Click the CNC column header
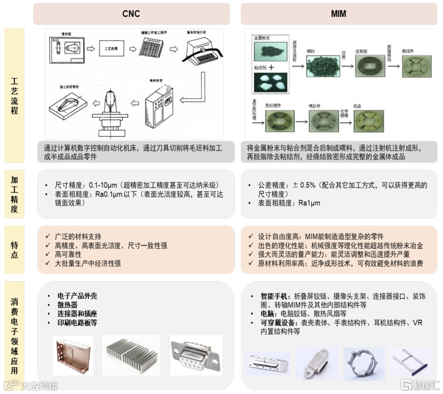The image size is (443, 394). pos(131,14)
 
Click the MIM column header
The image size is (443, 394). pos(338,14)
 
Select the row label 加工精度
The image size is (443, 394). pos(14,194)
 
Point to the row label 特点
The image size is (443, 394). pos(14,250)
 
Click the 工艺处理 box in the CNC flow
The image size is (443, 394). pos(111,49)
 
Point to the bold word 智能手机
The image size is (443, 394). pos(275,296)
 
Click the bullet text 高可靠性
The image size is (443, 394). pos(68,255)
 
